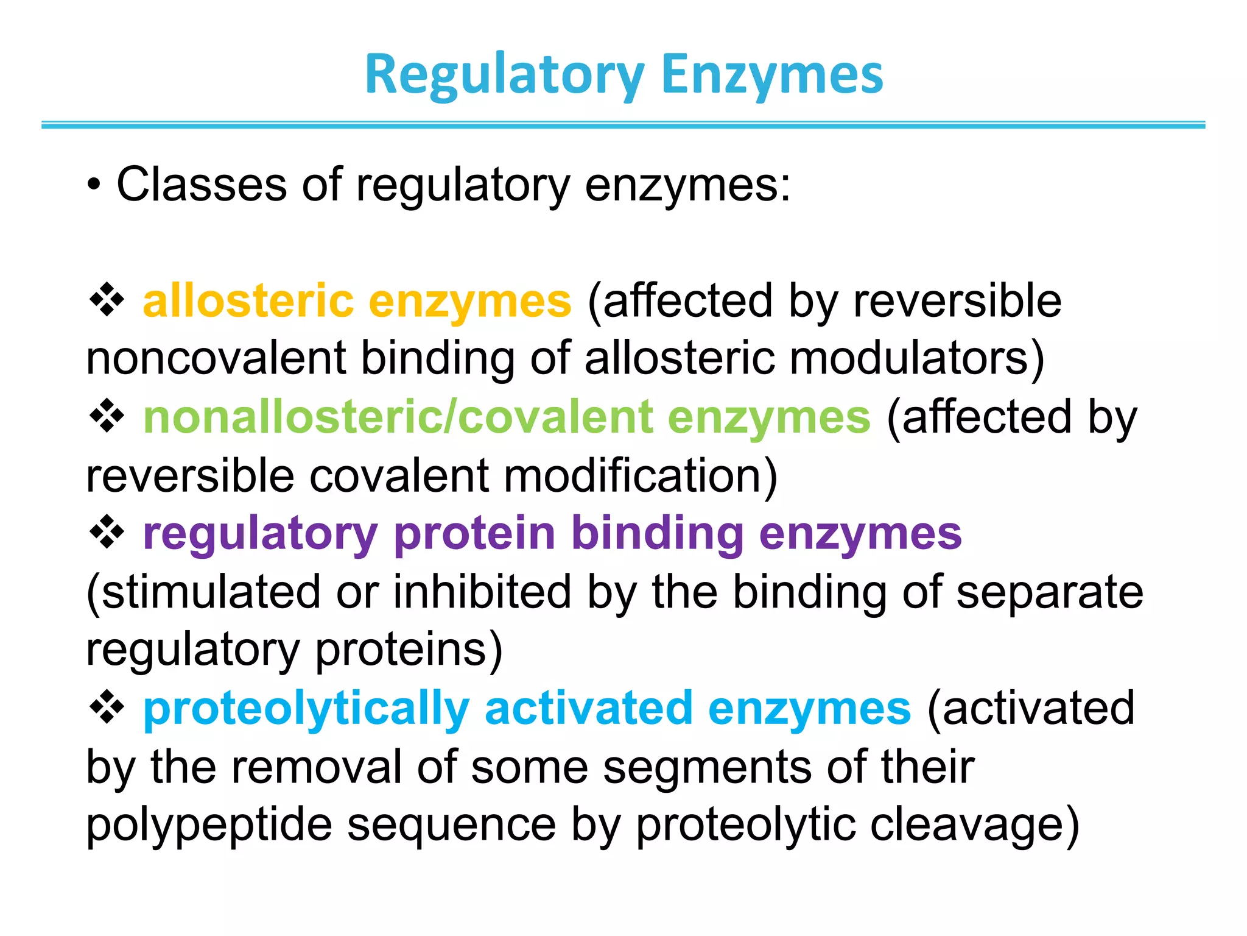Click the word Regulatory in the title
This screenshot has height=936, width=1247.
click(x=504, y=76)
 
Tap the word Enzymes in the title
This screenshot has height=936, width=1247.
click(x=772, y=76)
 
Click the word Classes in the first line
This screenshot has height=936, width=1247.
click(x=201, y=184)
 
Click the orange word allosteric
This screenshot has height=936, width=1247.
click(x=248, y=301)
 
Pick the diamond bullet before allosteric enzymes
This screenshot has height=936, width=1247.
click(x=107, y=300)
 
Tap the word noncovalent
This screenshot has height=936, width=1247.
click(x=216, y=358)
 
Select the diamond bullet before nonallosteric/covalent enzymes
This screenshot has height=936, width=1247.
click(x=107, y=416)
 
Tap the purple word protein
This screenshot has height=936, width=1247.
click(x=474, y=534)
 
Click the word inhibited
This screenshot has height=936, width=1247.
click(x=482, y=592)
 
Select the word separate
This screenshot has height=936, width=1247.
click(x=1050, y=592)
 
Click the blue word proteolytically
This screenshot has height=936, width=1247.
click(x=306, y=709)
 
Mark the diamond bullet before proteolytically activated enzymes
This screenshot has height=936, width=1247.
click(x=107, y=708)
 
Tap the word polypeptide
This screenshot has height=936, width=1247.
click(x=209, y=826)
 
